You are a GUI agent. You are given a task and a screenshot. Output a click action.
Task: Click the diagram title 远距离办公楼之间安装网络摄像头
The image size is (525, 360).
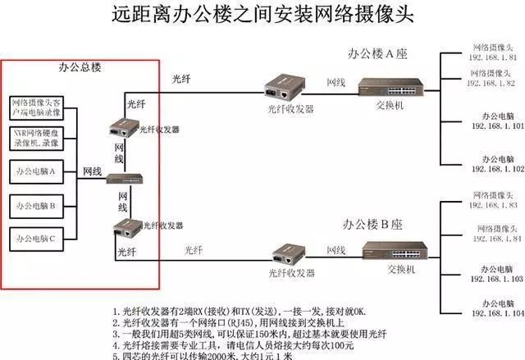(262, 15)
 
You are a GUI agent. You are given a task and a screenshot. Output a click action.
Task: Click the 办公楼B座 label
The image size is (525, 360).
(379, 223)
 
